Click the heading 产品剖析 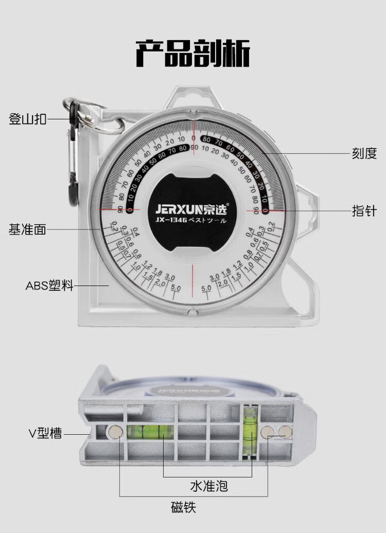point(192,52)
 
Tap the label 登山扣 point(28,119)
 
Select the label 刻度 point(364,153)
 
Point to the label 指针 point(364,210)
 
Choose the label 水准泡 point(208,485)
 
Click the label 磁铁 point(183,508)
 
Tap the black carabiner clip point(73,154)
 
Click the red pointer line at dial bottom point(194,281)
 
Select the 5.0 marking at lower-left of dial point(176,288)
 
